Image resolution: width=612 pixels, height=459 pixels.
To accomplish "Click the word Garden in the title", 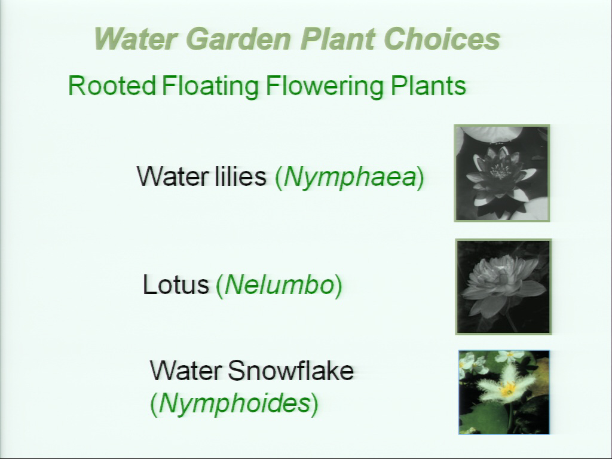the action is click(238, 39).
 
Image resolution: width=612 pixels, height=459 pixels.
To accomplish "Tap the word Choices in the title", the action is click(442, 39).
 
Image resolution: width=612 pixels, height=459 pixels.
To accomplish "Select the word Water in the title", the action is click(136, 39).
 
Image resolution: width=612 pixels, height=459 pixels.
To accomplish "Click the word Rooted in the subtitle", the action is click(112, 85).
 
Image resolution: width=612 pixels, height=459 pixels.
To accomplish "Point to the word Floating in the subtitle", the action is click(210, 87).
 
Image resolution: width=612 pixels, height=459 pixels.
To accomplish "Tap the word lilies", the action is click(240, 176).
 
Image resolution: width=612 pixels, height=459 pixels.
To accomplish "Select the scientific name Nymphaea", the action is click(350, 178).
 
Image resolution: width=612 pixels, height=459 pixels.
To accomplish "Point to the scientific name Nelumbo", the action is click(280, 285).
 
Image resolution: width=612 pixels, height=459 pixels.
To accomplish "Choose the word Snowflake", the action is click(291, 370).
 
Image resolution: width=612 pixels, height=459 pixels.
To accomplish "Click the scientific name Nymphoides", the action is click(234, 403).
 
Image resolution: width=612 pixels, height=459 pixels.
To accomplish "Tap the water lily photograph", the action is click(502, 173).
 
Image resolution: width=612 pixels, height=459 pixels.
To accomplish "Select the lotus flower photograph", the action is click(503, 287).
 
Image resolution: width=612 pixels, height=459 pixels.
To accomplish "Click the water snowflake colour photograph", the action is click(504, 392).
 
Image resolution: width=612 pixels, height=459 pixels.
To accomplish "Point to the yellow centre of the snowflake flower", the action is click(508, 388).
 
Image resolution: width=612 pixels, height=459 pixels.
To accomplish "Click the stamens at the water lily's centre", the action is click(500, 171).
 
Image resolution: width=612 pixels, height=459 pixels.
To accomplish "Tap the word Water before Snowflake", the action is click(186, 370).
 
